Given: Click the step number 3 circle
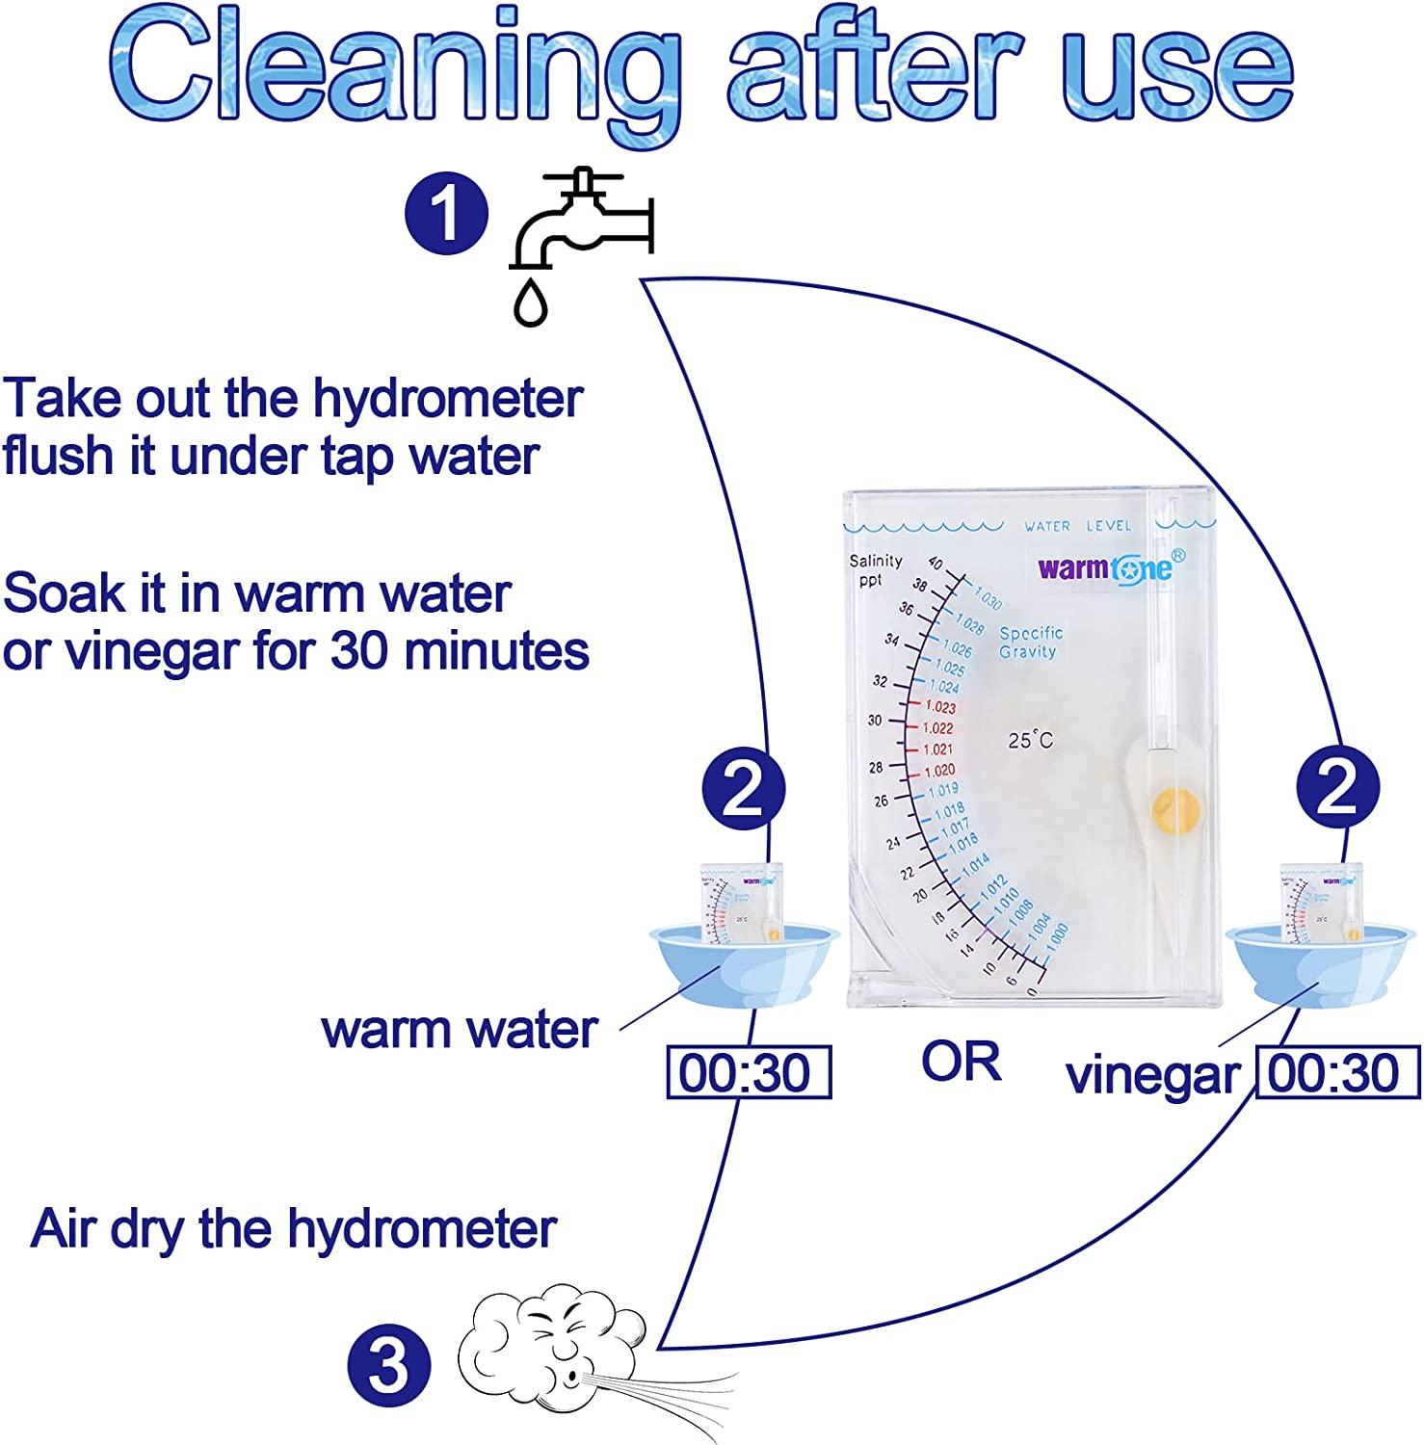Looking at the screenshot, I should [x=388, y=1366].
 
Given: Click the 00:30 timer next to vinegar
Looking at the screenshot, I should [x=1336, y=1073].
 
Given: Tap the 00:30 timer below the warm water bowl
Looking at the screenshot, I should [x=748, y=1073].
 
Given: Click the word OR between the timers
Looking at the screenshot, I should [x=961, y=1062].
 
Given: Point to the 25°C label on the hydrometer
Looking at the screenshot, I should [x=1030, y=740].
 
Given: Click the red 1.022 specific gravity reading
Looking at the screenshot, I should [x=937, y=728].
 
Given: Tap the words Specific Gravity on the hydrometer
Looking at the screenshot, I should [x=1030, y=643].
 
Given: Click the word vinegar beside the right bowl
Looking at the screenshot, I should [x=1152, y=1075].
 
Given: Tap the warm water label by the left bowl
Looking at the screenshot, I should [x=460, y=1030].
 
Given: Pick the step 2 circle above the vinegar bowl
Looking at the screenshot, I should [x=1337, y=789].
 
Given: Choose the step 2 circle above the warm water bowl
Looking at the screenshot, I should [x=744, y=789].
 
